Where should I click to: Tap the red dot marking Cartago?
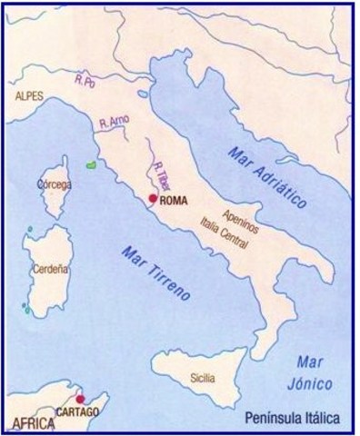tap(80, 398)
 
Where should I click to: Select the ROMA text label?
tap(174, 201)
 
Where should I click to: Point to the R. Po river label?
tap(86, 84)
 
